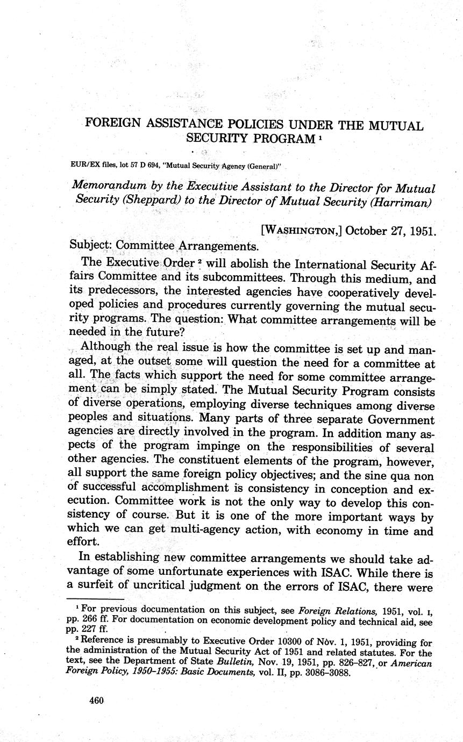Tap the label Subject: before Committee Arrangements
click(91, 246)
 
